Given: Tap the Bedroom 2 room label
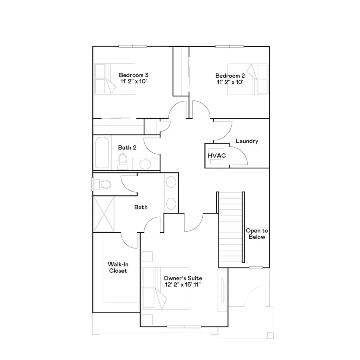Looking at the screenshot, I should (x=230, y=76).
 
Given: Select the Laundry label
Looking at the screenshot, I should (x=247, y=141).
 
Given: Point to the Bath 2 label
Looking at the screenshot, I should (x=127, y=147).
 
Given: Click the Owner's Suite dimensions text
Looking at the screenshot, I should (x=182, y=285).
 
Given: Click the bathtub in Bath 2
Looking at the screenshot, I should (x=102, y=154).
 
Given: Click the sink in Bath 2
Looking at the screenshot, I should (x=145, y=164).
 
